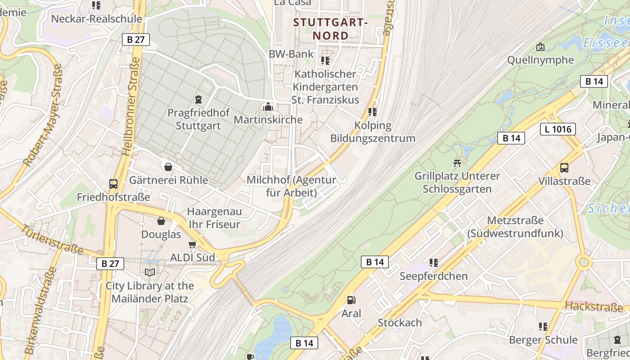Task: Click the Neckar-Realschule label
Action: tap(96, 19)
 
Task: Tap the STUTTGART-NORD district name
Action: tap(331, 29)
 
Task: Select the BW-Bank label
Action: tap(291, 54)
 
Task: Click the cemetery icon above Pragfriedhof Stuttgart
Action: tap(198, 99)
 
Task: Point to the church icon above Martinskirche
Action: tap(268, 107)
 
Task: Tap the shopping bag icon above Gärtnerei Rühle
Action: tap(168, 167)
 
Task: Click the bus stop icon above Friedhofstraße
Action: tap(113, 184)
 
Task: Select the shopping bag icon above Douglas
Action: tap(161, 221)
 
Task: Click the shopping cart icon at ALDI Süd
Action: tap(193, 244)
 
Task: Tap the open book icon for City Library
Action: tap(150, 272)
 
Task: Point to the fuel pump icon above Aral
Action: tap(351, 300)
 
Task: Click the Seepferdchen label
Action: tap(434, 276)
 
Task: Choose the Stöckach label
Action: tap(400, 323)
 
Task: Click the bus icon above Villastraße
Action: tap(564, 168)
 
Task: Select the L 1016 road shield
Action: tap(558, 129)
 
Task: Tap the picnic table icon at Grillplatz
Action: tap(457, 163)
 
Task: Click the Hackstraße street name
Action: tap(594, 307)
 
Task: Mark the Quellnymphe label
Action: tap(540, 60)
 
